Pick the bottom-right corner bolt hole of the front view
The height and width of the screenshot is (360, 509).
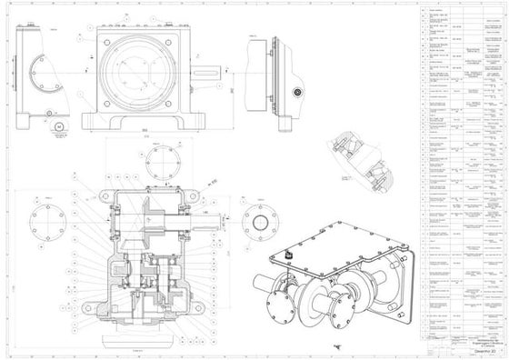pyautogui.click(x=185, y=101)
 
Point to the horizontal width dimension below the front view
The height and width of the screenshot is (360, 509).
pyautogui.click(x=145, y=134)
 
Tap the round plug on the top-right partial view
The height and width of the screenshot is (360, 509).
pyautogui.click(x=295, y=92)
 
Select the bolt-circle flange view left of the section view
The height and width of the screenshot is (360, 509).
pyautogui.click(x=49, y=217)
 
